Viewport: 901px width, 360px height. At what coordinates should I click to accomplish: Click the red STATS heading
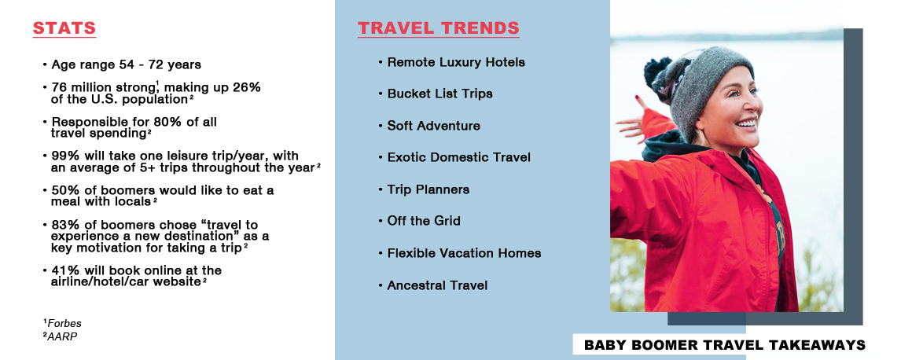(64, 28)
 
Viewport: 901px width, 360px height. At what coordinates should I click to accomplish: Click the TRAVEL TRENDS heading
(439, 28)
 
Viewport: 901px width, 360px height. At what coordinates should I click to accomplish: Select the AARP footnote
(60, 336)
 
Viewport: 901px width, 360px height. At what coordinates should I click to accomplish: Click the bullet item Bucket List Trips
(439, 94)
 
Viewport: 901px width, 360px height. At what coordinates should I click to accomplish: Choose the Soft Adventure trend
(433, 126)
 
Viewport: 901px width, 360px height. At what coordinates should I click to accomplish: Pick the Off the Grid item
(424, 221)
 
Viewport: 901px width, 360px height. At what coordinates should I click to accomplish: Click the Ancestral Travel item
(436, 285)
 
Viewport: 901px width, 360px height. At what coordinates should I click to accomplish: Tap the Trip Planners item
(428, 189)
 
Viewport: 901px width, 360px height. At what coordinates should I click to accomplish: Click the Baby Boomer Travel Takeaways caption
(724, 345)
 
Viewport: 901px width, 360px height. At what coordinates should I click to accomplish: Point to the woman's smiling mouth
(746, 123)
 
